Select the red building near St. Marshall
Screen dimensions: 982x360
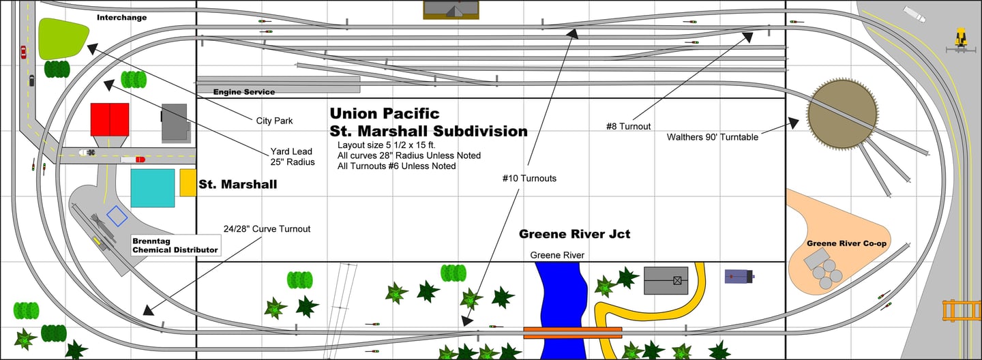[110, 119]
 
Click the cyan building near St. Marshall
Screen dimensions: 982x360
[153, 187]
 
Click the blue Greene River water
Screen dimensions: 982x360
[561, 293]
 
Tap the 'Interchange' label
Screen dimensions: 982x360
[121, 17]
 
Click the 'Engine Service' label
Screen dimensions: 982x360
[244, 92]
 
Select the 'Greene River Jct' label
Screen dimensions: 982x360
[574, 234]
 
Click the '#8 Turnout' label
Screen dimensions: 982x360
[628, 126]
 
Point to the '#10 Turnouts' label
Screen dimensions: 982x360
[529, 179]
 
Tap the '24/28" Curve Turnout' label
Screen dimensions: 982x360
[267, 229]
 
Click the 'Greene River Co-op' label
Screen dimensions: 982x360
[845, 243]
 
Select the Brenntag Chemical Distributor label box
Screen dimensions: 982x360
[175, 245]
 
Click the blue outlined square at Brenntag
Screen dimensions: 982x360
[117, 216]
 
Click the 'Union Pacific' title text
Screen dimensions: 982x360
[385, 113]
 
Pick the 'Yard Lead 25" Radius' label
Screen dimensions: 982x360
[292, 156]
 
